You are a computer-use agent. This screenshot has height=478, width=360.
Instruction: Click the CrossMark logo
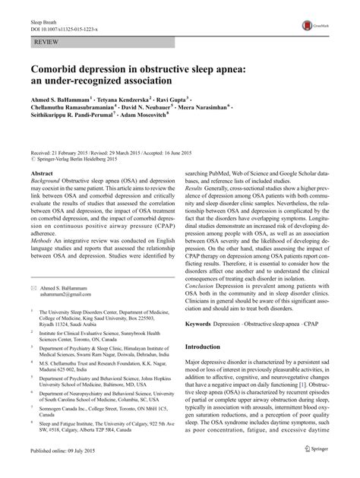tap(329, 25)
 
